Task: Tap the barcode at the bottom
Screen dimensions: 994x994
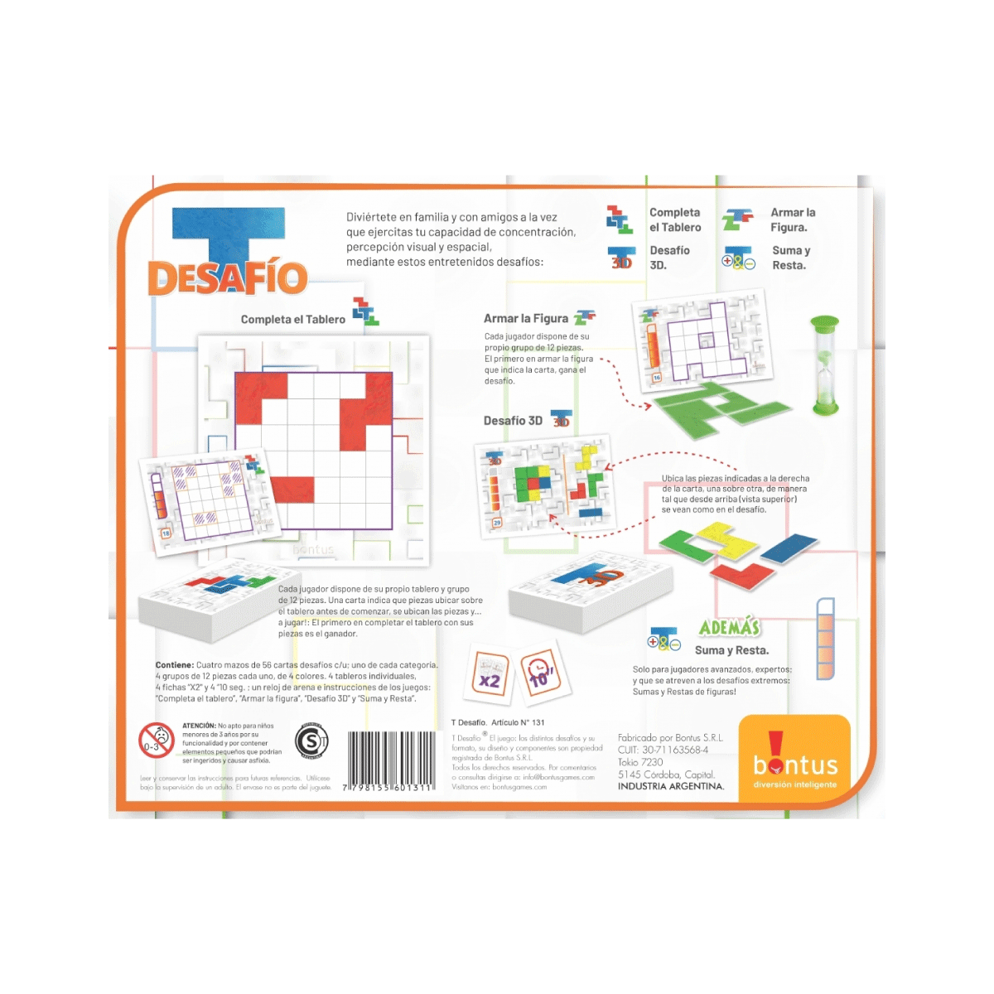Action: [x=390, y=760]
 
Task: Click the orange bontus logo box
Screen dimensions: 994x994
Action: [x=794, y=759]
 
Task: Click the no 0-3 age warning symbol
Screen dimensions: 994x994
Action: [x=156, y=741]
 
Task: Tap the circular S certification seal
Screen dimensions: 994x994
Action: [x=312, y=741]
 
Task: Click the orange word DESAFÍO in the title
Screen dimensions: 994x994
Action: [x=227, y=278]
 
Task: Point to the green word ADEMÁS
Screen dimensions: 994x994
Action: [x=729, y=628]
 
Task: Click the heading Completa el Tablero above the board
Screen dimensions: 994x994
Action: [x=292, y=320]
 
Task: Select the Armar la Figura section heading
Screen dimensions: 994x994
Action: [x=526, y=319]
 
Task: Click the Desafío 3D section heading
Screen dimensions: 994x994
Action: [x=513, y=421]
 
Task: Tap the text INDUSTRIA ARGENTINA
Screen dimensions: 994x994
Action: [x=670, y=786]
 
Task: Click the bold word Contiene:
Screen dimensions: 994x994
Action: [x=175, y=665]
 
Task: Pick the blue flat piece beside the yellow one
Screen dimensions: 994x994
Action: [x=789, y=548]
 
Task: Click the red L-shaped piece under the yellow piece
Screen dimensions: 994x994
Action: [x=742, y=573]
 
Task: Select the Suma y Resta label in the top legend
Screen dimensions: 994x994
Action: [x=790, y=258]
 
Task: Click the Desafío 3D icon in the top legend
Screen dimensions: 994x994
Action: [x=621, y=258]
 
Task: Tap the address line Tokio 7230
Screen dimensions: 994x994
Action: [x=640, y=762]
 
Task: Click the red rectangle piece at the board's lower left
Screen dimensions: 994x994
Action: [x=292, y=490]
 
